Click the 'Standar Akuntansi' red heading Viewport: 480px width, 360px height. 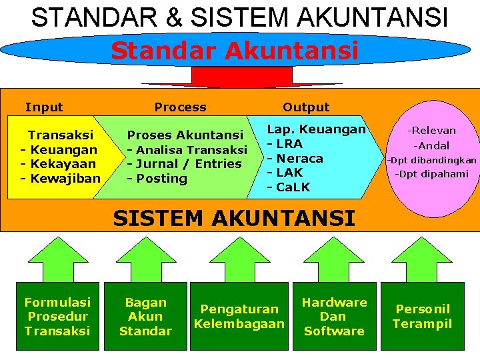[x=235, y=51]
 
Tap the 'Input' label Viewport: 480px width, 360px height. [x=44, y=107]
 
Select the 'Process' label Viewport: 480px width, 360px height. [x=180, y=107]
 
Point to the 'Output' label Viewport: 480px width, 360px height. [x=306, y=107]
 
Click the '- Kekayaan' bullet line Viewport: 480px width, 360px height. [x=59, y=164]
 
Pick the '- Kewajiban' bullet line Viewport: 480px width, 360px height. [x=61, y=178]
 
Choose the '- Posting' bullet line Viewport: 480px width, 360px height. [x=157, y=179]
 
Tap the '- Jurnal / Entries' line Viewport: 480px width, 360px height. [x=185, y=164]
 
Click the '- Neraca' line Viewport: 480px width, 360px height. [x=295, y=159]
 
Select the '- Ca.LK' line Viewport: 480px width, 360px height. [x=289, y=187]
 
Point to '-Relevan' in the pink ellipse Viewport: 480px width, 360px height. [x=432, y=131]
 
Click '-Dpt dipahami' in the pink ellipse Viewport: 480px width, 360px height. [x=432, y=174]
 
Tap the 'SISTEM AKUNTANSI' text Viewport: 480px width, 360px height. [x=234, y=218]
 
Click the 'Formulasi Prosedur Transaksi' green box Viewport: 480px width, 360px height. [x=57, y=317]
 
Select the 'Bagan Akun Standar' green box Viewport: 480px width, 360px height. [x=145, y=317]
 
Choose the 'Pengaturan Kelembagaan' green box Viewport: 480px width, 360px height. [x=239, y=317]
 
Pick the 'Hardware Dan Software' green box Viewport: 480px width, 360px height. [x=334, y=317]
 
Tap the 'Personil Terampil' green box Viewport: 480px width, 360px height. [x=422, y=317]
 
